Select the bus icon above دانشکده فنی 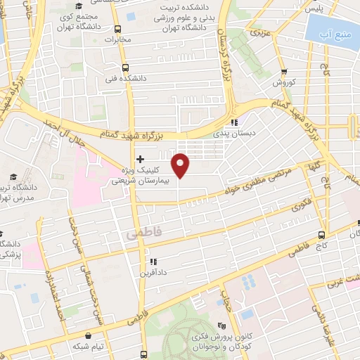click(x=124, y=68)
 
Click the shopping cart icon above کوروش click(x=283, y=72)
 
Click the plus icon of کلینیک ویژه click(x=141, y=159)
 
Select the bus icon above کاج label click(x=321, y=235)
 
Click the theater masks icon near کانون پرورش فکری click(x=222, y=325)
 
